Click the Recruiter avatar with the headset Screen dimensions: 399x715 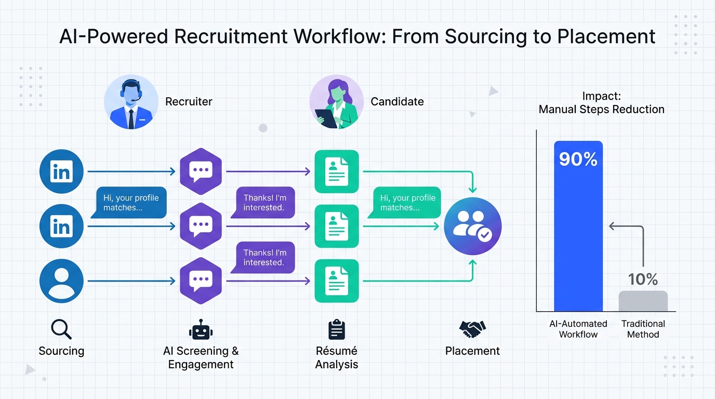tap(131, 101)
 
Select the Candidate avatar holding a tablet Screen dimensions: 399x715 tap(336, 101)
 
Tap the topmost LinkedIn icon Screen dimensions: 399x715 tap(61, 171)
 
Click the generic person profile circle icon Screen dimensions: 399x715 tap(61, 281)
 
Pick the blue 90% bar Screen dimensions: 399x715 tap(578, 226)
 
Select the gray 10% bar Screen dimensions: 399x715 tap(643, 301)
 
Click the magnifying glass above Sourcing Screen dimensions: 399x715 tap(61, 329)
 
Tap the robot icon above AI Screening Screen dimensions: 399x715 tap(201, 330)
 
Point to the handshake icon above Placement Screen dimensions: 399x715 tap(472, 328)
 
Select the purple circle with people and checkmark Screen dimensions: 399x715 tap(473, 226)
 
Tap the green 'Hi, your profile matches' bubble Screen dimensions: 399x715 tap(406, 203)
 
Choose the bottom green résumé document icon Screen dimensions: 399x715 tap(337, 281)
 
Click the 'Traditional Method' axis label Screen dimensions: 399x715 tap(643, 329)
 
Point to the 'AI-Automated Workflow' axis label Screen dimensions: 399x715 tap(578, 329)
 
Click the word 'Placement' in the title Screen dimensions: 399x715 tap(605, 37)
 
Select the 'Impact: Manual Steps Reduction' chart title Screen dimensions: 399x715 tap(601, 103)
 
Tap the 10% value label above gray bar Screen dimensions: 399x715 tap(643, 279)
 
